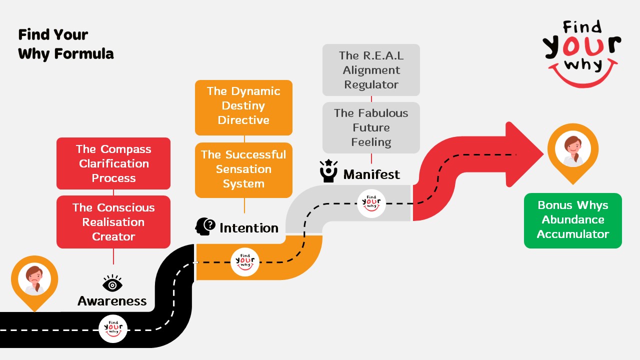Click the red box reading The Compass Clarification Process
113,163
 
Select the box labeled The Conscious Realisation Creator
113,222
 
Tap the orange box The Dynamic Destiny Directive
243,106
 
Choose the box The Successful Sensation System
243,169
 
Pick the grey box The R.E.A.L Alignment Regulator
371,70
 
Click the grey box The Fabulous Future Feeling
371,127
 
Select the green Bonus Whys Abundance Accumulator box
573,220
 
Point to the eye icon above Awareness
112,284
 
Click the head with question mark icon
205,226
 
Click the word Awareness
112,301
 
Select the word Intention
248,228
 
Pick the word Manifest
371,174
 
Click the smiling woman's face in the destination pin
572,148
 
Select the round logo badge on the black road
113,328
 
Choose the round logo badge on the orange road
245,261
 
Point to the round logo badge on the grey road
371,203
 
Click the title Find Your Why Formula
66,44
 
